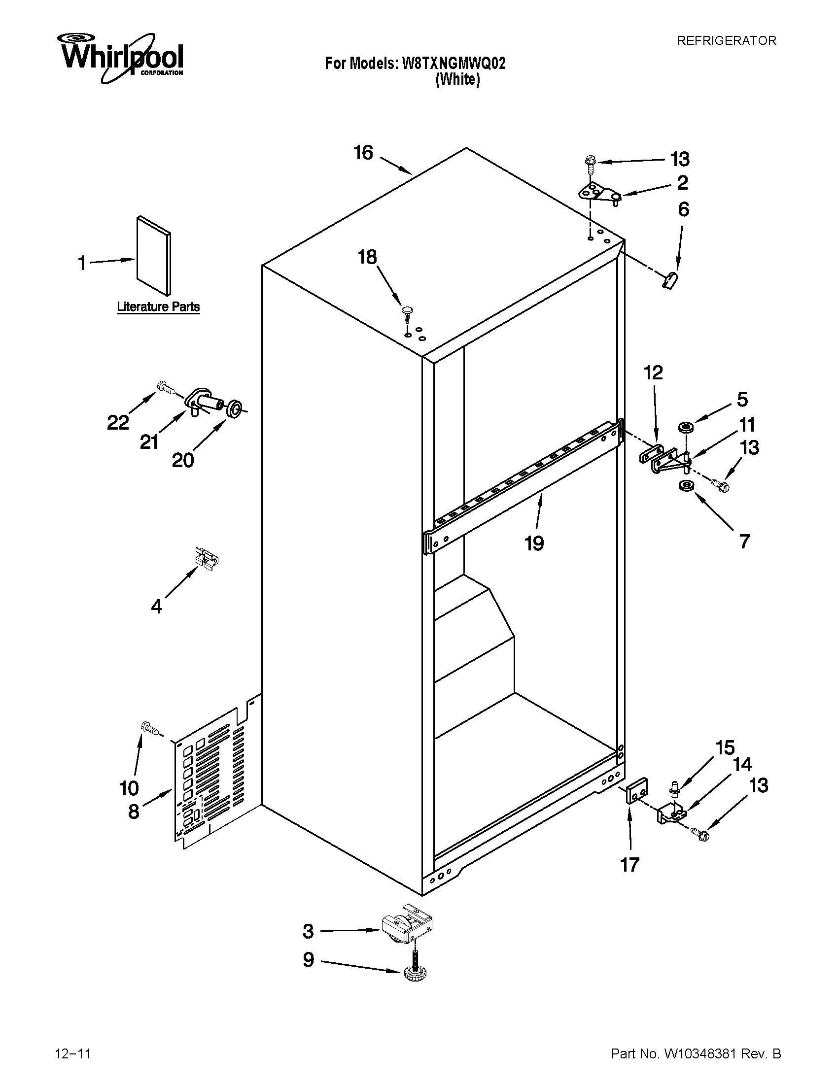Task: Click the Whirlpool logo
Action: point(122,57)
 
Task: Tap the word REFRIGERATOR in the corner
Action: point(726,41)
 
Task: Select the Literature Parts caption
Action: point(158,307)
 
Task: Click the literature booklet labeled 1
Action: point(154,254)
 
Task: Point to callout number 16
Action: point(363,153)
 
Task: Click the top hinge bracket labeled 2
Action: point(600,194)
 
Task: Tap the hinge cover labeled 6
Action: point(671,280)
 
